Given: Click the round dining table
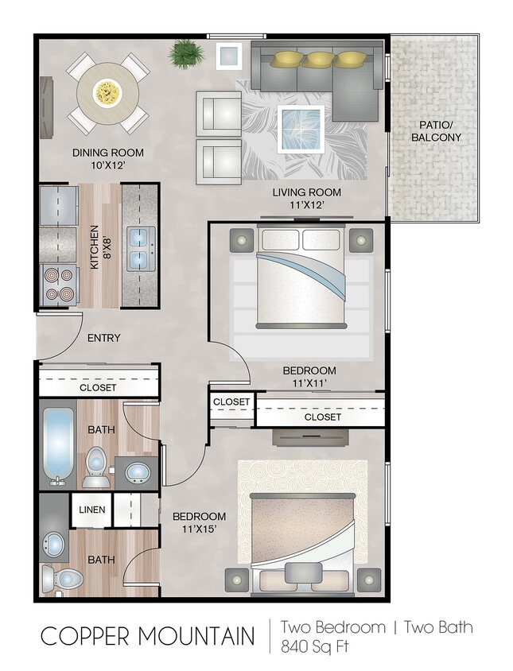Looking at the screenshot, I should [107, 93].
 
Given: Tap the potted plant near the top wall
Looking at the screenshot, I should [186, 53].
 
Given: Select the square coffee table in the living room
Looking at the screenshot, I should [301, 128].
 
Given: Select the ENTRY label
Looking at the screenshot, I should [103, 338].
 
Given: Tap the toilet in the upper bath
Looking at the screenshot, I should [96, 467].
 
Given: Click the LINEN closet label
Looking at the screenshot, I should [91, 510].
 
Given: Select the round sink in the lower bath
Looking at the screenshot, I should [55, 545].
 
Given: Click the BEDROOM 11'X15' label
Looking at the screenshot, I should [199, 522].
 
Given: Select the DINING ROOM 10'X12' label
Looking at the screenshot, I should [107, 159].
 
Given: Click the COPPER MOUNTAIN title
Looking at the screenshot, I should [148, 637].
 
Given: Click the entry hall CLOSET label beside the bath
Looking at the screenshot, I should [98, 388].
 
